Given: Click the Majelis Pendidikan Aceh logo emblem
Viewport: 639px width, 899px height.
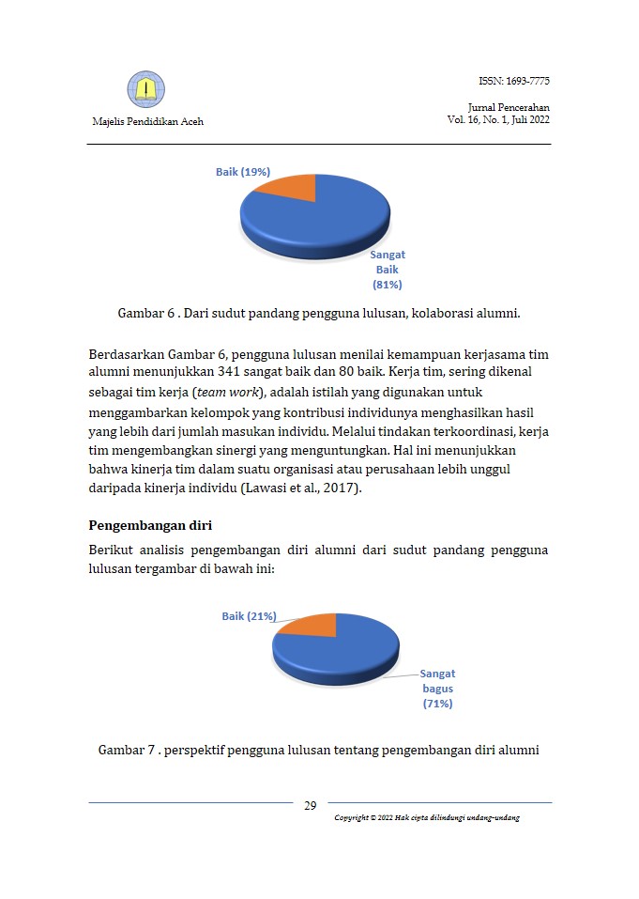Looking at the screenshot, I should (145, 89).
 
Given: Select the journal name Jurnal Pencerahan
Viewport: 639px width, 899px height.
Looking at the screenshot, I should (509, 107).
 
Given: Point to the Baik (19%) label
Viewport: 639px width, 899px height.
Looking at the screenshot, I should (243, 172).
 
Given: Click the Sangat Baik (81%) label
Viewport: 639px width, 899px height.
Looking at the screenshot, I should (388, 270).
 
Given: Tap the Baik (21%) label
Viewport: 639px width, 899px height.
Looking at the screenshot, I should (249, 616).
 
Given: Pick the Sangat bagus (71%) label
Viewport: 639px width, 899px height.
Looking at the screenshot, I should (437, 689).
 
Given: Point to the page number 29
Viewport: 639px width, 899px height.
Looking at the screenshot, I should (311, 806).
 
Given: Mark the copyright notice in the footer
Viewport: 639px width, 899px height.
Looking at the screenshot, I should (427, 817).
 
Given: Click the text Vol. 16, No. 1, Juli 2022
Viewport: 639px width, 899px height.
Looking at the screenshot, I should (498, 120).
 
